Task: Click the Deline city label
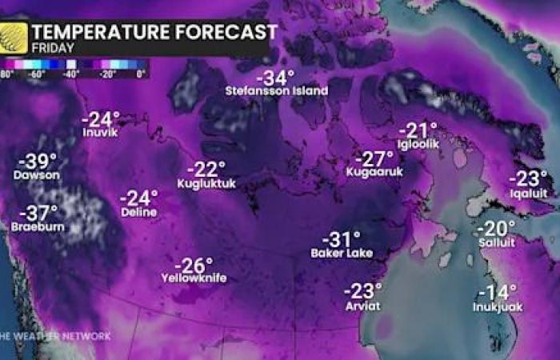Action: (x=138, y=213)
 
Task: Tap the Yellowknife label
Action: (x=194, y=278)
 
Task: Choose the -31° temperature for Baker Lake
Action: (x=342, y=238)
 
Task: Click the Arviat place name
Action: (x=362, y=306)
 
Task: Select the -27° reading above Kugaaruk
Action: (x=374, y=158)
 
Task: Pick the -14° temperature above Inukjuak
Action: (x=497, y=291)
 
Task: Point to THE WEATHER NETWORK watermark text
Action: (x=54, y=336)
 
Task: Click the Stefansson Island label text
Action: (x=277, y=91)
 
